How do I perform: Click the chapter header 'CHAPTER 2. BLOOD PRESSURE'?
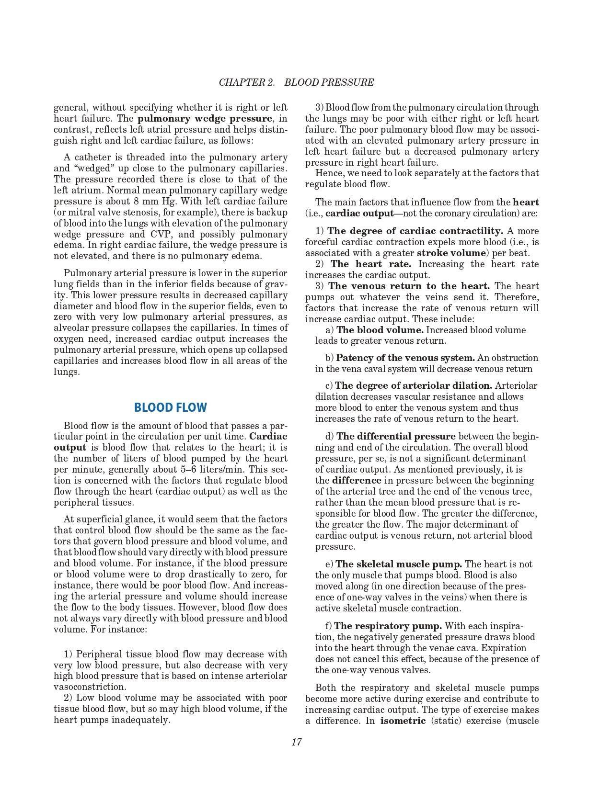coord(296,82)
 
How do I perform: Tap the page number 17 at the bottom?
coord(296,742)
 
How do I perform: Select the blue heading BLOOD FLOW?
coord(171,407)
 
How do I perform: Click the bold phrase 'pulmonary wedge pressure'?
coord(205,119)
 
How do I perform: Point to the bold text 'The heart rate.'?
coord(370,264)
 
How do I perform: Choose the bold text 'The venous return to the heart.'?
coord(409,286)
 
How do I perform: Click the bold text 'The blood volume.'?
coord(380,330)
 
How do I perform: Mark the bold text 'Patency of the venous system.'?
coord(405,358)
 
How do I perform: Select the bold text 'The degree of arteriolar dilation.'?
coord(414,386)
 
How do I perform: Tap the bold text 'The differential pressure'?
coord(396,437)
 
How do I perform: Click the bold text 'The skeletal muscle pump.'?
coord(399,564)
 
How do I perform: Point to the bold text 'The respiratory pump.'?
coord(388,626)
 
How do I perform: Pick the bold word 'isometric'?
coord(403,721)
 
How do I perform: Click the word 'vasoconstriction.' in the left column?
coord(90,687)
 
